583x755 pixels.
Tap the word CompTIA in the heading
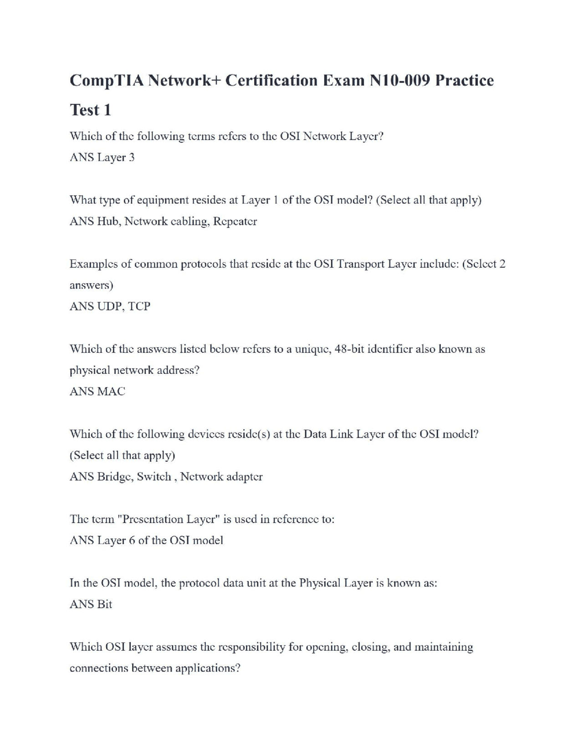tap(107, 81)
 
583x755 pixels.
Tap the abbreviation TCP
tap(139, 306)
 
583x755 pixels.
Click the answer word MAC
tap(111, 392)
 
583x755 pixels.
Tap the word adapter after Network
tap(244, 477)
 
